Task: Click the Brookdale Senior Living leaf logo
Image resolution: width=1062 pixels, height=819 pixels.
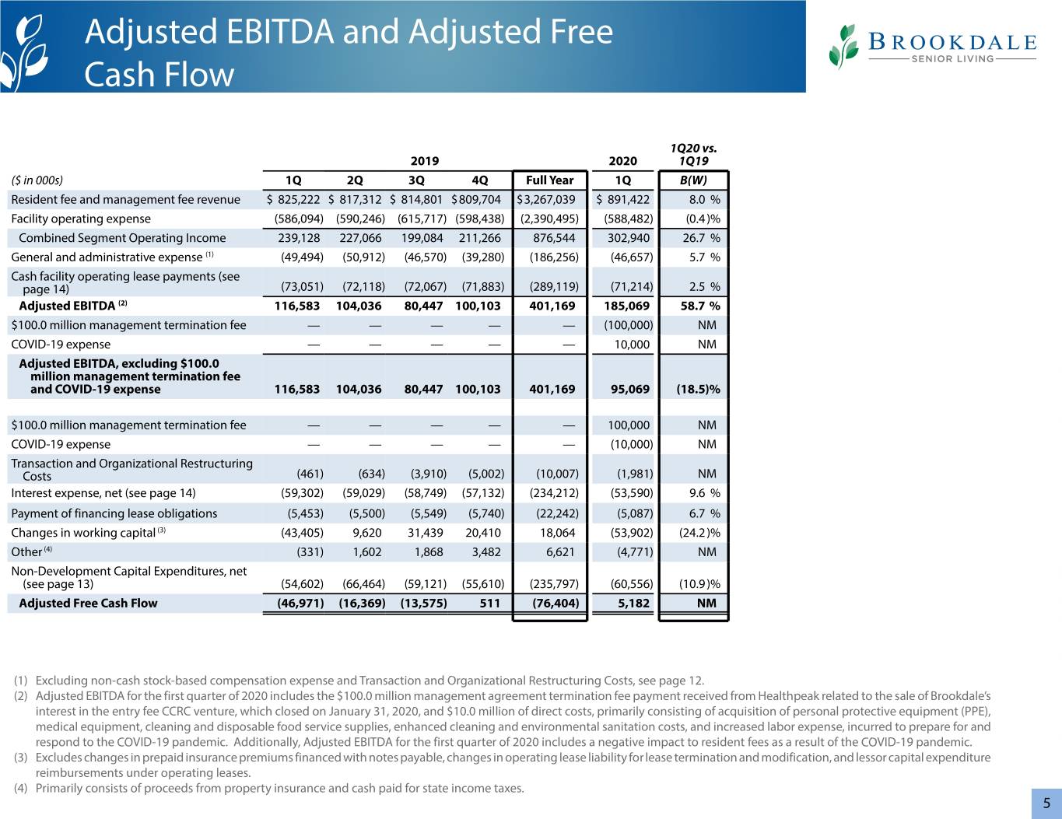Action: (x=843, y=47)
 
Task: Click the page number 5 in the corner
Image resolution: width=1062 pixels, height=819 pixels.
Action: (x=1046, y=803)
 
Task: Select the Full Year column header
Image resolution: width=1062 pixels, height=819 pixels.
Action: (x=549, y=180)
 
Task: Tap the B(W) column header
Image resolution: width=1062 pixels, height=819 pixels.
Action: (x=693, y=180)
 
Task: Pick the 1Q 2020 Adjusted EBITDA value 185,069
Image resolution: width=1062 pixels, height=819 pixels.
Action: (x=626, y=306)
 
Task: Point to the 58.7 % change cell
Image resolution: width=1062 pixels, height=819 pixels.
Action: (x=700, y=306)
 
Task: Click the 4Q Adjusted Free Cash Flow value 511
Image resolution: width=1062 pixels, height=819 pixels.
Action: (x=489, y=603)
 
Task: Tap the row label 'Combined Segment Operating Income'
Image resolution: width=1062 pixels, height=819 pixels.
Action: (x=122, y=238)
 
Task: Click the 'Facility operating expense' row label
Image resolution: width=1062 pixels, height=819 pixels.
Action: (x=81, y=219)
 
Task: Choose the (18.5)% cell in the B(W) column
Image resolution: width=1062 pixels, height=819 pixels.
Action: (x=698, y=389)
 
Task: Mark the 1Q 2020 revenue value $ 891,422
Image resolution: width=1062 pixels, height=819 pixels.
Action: (x=623, y=199)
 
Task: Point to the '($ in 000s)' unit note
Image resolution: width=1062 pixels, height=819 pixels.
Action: (x=37, y=180)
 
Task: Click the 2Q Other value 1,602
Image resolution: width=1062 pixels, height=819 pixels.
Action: (x=367, y=552)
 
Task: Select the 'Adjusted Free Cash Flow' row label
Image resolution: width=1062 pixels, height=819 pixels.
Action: (x=88, y=603)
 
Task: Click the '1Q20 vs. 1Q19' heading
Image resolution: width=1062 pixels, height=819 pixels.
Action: (x=693, y=154)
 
